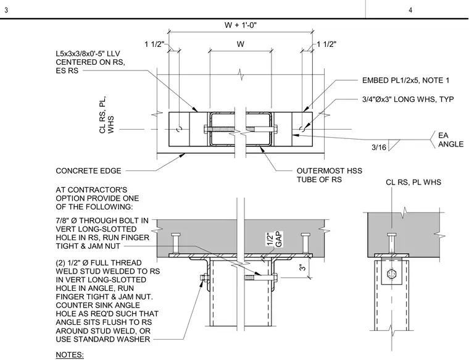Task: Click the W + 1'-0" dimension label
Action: [241, 25]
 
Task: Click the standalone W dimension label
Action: [241, 44]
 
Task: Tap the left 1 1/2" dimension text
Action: [154, 44]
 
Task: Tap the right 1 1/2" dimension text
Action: [326, 44]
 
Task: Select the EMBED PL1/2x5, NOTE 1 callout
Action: [405, 80]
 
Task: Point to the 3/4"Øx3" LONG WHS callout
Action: [408, 99]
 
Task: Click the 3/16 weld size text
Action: [379, 147]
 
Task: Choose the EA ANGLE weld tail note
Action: [450, 140]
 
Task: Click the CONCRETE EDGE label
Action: [88, 171]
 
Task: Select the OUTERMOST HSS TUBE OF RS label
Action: [330, 175]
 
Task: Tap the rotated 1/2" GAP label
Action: [274, 240]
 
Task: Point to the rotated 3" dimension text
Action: [303, 267]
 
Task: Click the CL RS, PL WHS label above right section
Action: [413, 182]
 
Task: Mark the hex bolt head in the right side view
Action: [391, 274]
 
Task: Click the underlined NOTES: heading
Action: [70, 355]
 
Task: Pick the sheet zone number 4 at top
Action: [410, 10]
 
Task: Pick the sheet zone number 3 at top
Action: [6, 10]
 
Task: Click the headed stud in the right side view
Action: [391, 243]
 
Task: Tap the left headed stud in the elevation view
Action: [176, 243]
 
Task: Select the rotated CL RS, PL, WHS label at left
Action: [107, 115]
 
